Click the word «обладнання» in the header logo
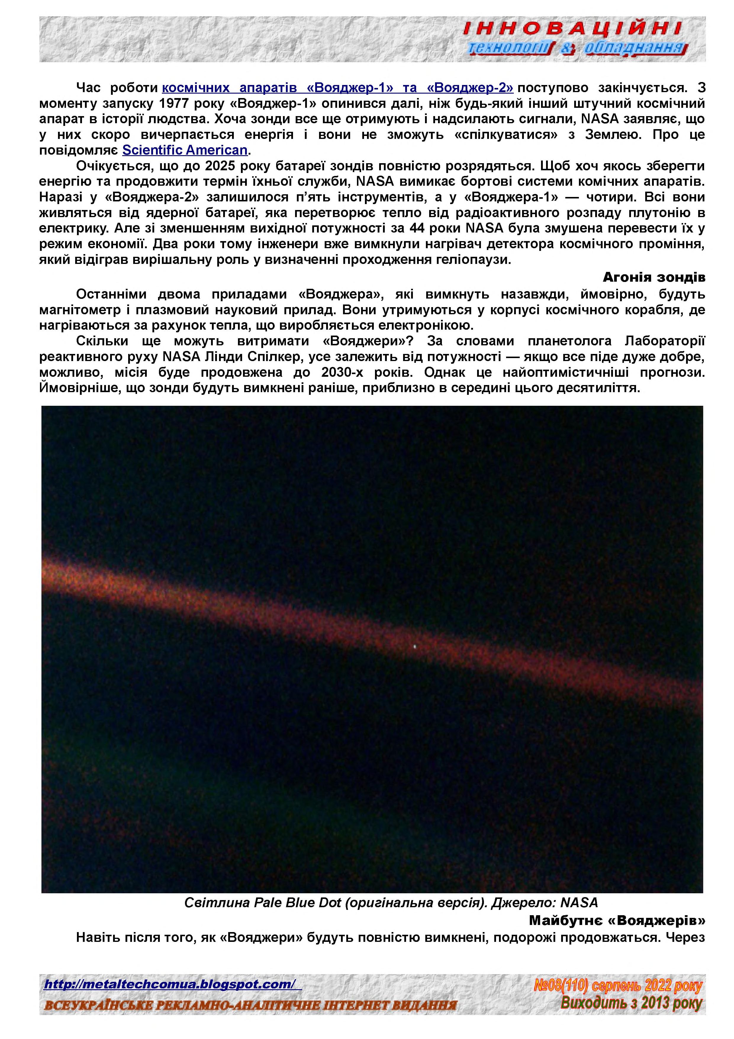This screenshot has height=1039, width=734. coord(633,47)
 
